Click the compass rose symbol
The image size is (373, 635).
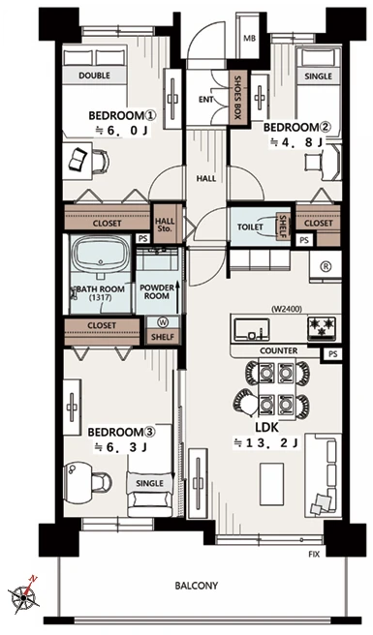coord(23,595)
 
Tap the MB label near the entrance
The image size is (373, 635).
coord(250,39)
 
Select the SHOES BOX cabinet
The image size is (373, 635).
coord(237,98)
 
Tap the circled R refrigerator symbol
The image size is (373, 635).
coord(326,266)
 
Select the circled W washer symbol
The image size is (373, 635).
coord(164,322)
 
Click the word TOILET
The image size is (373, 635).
coord(250,227)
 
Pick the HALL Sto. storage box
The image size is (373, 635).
coord(165,225)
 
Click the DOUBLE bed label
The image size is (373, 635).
coord(95,76)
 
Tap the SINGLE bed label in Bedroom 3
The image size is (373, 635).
coord(149,483)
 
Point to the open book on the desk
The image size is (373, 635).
coord(78,159)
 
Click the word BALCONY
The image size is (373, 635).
coord(197,586)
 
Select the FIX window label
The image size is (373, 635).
coord(314,554)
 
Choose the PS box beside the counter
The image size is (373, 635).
coord(332,354)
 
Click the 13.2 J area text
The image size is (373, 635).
coord(266,443)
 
